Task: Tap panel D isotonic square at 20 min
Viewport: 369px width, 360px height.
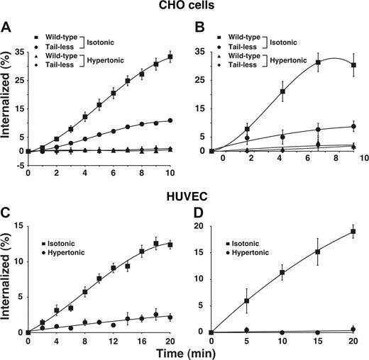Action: [352, 232]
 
